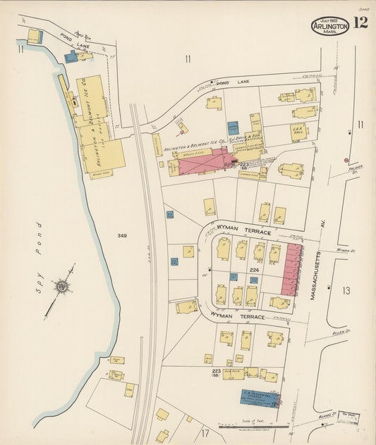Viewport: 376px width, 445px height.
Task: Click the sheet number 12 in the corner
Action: tap(360, 23)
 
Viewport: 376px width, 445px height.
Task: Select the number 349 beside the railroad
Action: tap(122, 236)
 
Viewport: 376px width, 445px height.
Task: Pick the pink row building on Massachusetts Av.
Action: tap(291, 270)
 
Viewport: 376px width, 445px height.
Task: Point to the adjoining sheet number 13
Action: tap(346, 290)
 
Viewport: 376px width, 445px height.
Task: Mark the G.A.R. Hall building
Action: tap(298, 132)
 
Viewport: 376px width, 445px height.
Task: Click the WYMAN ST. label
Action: tap(344, 249)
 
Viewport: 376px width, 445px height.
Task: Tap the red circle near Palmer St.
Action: tap(346, 160)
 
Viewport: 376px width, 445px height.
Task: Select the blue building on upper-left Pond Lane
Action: tap(71, 57)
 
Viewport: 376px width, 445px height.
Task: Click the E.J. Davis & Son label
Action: tap(248, 138)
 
